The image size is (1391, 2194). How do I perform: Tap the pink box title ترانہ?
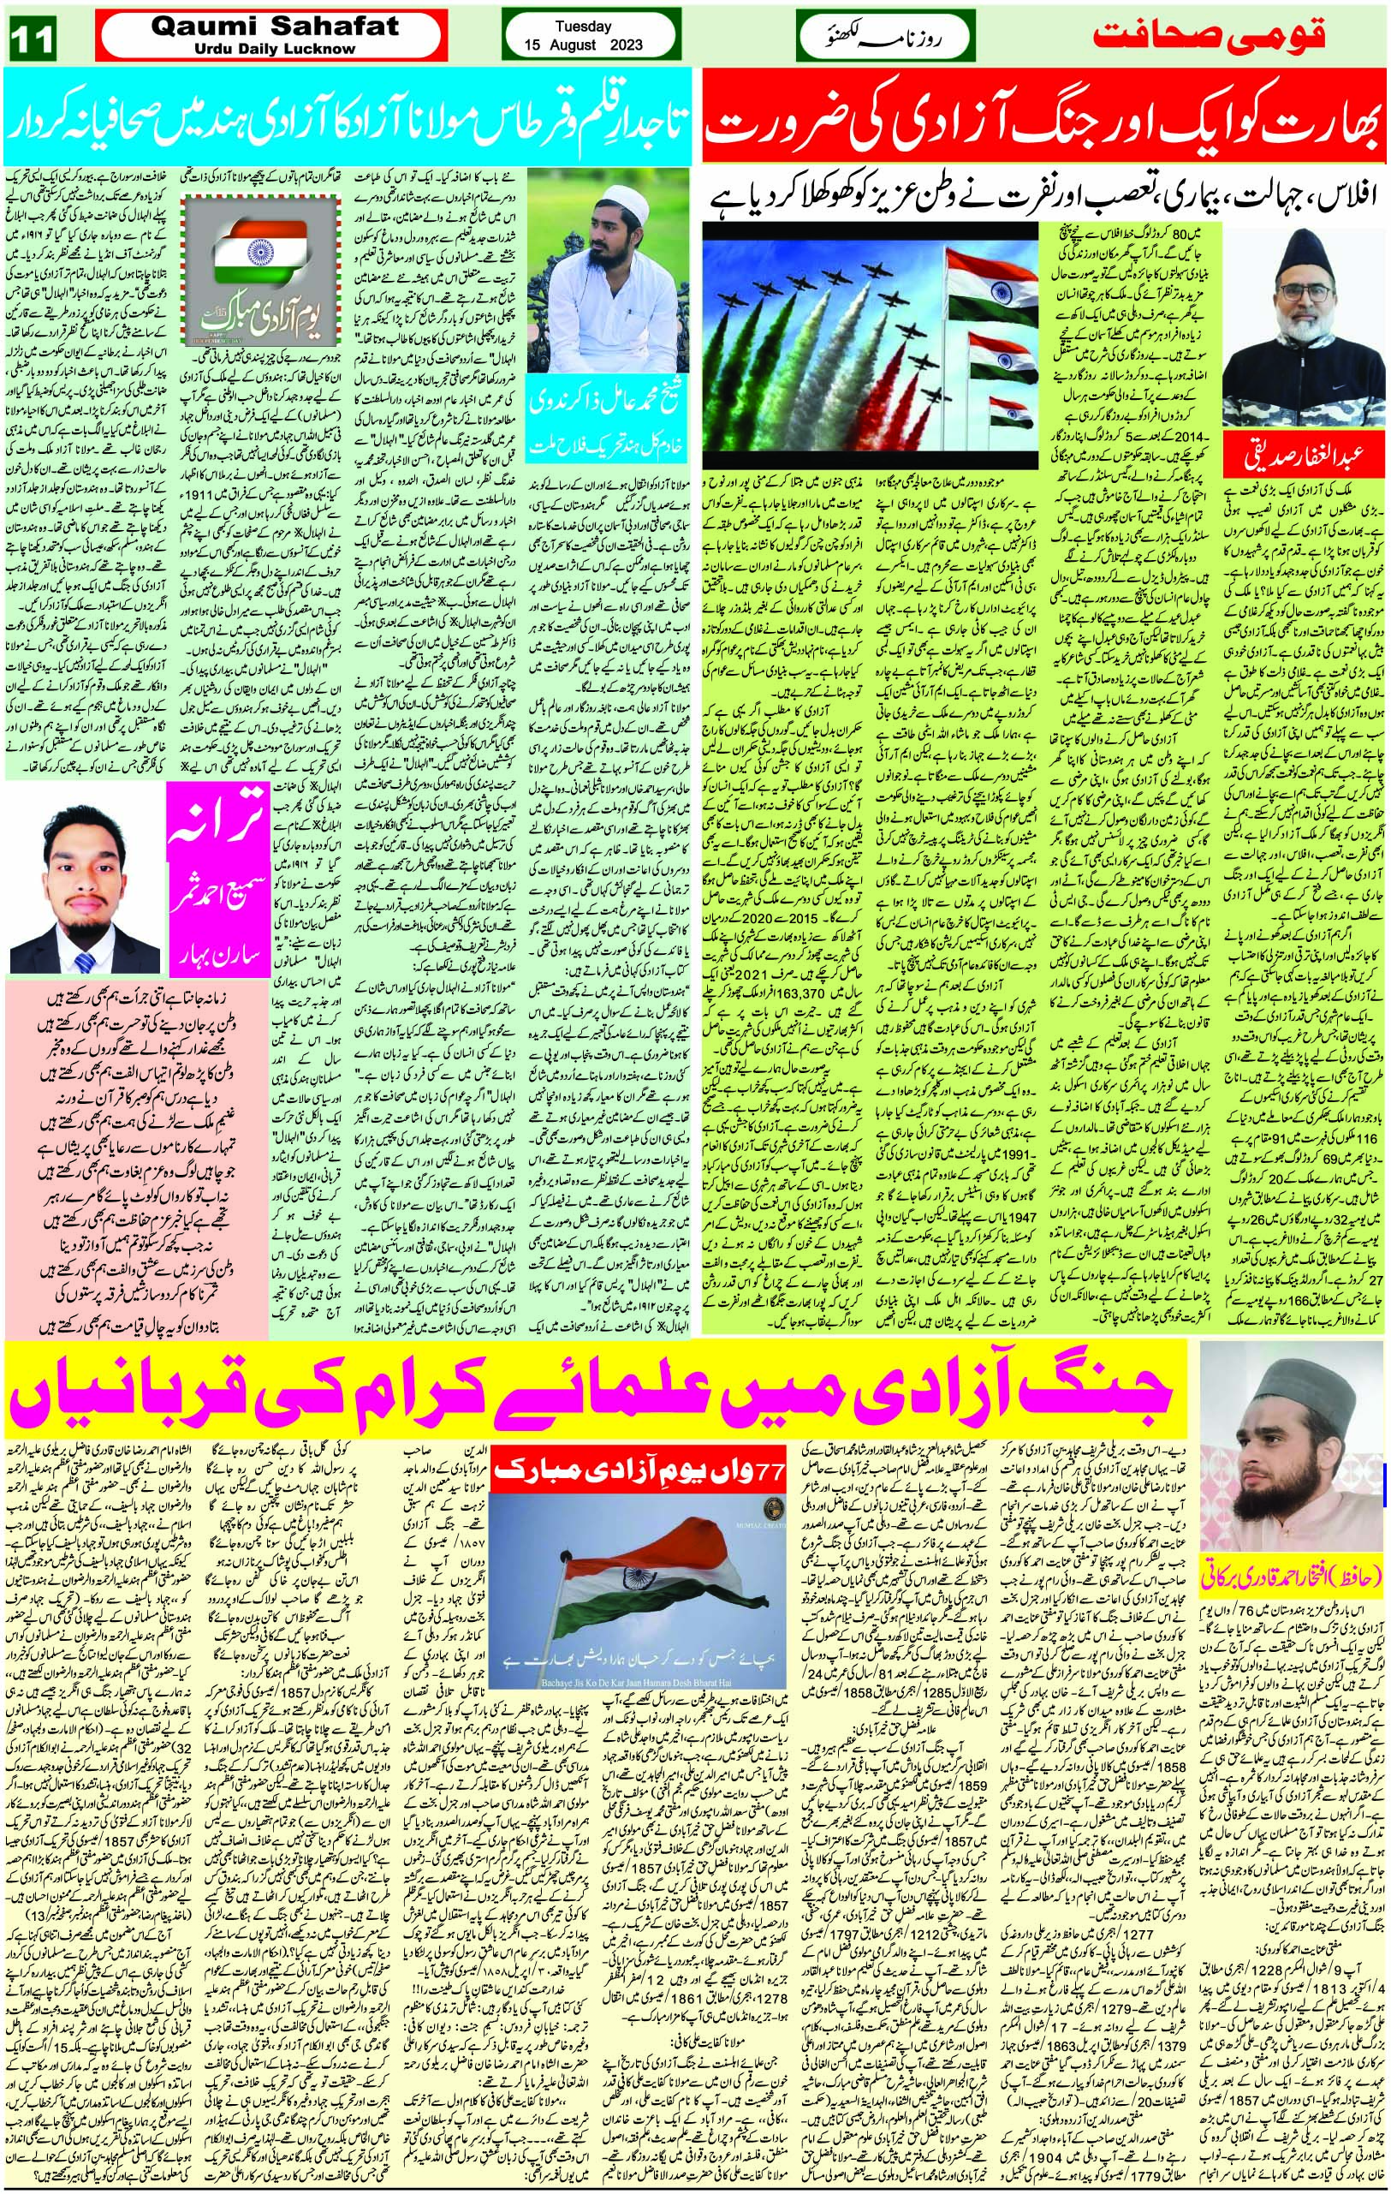coord(216,818)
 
